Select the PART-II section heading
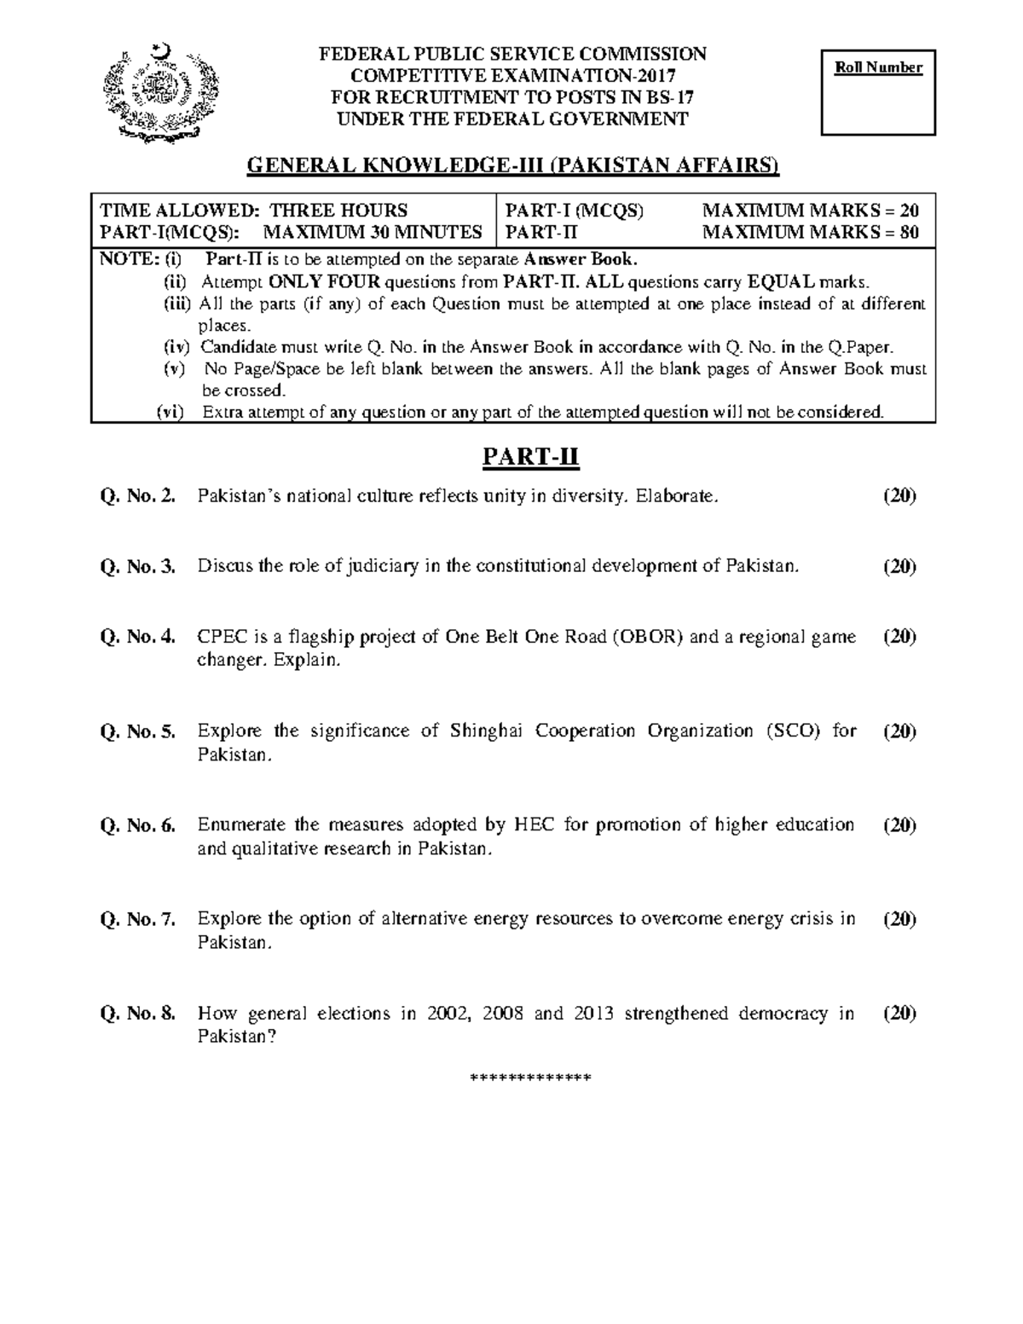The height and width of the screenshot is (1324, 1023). (x=530, y=458)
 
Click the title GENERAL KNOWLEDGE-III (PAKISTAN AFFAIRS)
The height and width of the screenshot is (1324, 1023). (x=512, y=165)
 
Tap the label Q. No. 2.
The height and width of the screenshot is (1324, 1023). (x=137, y=496)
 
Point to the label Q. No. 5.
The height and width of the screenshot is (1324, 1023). (x=137, y=731)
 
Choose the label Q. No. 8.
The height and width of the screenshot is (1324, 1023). (x=137, y=1014)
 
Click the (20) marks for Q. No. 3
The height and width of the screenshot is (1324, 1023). (x=899, y=566)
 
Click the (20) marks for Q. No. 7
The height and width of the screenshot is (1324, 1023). (x=899, y=919)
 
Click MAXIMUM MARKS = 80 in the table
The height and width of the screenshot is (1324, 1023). (x=810, y=232)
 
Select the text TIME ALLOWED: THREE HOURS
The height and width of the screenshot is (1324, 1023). (x=253, y=211)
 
